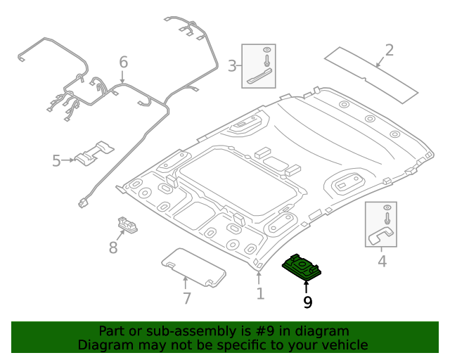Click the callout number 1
tap(260, 293)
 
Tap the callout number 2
tap(389, 51)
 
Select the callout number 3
tap(232, 66)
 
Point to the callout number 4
tap(382, 262)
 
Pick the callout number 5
tap(56, 161)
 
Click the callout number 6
tap(124, 63)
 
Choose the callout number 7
tap(186, 298)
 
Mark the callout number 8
tap(112, 247)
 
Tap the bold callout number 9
tap(307, 302)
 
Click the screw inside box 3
tap(267, 53)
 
